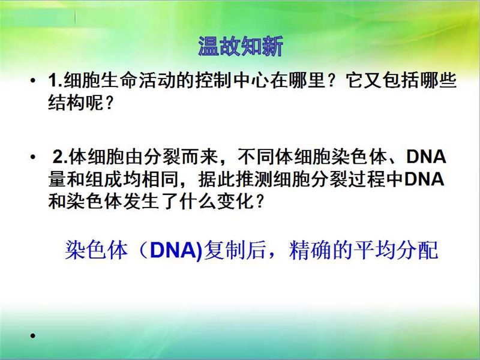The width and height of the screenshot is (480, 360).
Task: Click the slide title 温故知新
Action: (241, 46)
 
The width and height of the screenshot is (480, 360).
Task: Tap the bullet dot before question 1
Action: (33, 80)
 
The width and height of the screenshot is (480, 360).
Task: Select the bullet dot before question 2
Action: (33, 157)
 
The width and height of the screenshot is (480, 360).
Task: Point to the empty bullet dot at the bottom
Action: (33, 336)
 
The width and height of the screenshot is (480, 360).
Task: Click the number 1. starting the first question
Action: (55, 80)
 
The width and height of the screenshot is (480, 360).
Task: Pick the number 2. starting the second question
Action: (61, 157)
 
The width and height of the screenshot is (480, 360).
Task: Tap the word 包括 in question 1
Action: (401, 80)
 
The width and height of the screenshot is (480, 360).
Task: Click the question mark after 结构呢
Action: (109, 103)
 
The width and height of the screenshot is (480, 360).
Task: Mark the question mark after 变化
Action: (260, 202)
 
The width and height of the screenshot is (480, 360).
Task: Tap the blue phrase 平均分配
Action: (396, 250)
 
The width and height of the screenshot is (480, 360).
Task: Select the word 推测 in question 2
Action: (254, 179)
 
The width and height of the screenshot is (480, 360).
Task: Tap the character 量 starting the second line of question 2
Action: (57, 179)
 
